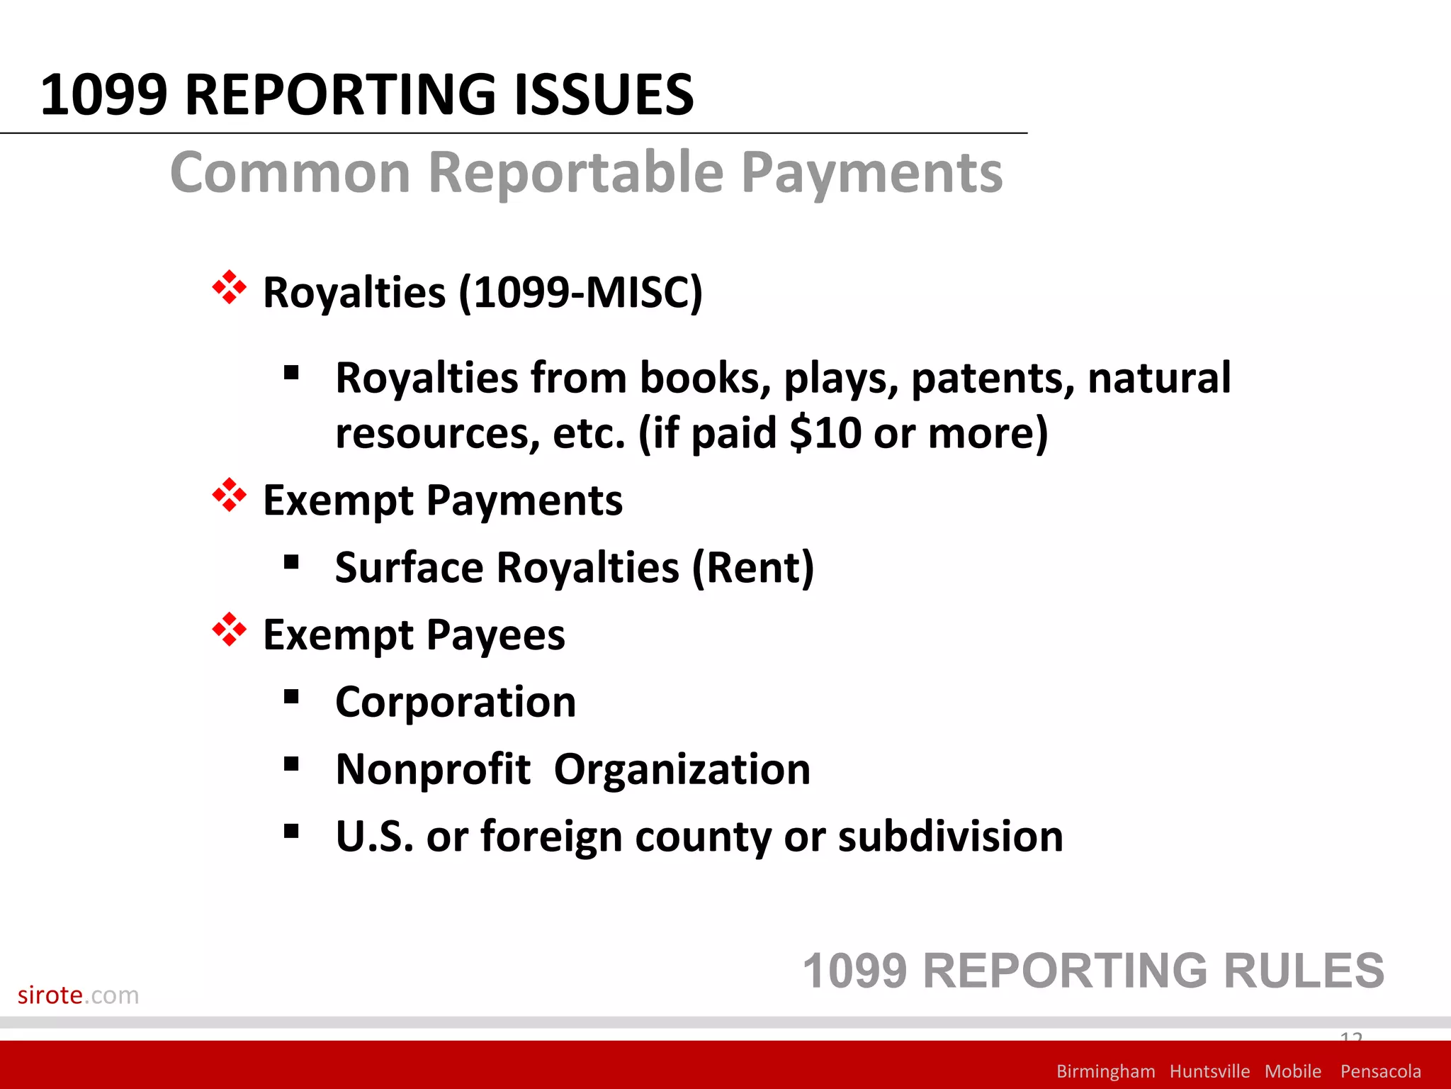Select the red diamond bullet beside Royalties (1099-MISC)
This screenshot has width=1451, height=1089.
click(230, 288)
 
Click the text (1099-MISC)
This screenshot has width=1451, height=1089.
click(580, 292)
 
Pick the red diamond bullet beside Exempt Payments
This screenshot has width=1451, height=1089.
click(230, 496)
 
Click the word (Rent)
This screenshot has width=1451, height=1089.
click(752, 568)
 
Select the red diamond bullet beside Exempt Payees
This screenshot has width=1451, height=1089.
click(230, 630)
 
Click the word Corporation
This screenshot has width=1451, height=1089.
click(456, 703)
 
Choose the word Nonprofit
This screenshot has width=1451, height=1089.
click(433, 769)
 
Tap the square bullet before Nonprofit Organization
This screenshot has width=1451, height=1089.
click(291, 764)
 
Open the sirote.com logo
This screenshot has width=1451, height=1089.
click(78, 995)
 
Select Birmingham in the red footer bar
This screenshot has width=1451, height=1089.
click(1105, 1071)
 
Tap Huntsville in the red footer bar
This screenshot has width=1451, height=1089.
click(1209, 1071)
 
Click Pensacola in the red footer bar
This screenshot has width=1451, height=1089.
click(1380, 1071)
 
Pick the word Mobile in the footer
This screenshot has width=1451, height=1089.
click(1292, 1071)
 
